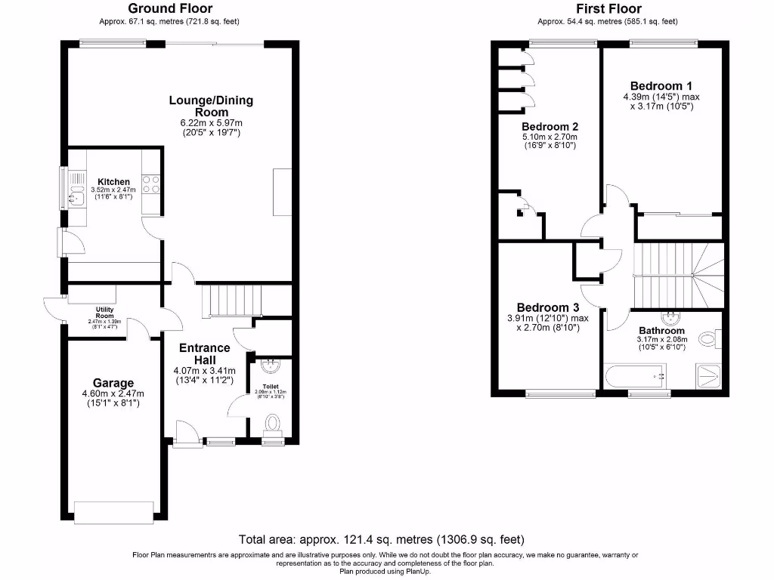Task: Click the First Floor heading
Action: pyautogui.click(x=599, y=8)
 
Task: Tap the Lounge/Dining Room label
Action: pyautogui.click(x=211, y=106)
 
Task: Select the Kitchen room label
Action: pyautogui.click(x=113, y=182)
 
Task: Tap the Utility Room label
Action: pyautogui.click(x=104, y=310)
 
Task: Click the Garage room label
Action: pyautogui.click(x=113, y=383)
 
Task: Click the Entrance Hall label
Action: pyautogui.click(x=204, y=353)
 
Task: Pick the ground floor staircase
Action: pyautogui.click(x=231, y=300)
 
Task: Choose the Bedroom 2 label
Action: pyautogui.click(x=550, y=126)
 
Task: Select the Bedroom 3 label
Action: pyautogui.click(x=547, y=307)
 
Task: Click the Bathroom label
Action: pyautogui.click(x=661, y=331)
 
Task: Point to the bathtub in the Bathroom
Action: pyautogui.click(x=635, y=375)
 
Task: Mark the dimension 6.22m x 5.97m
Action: pyautogui.click(x=211, y=123)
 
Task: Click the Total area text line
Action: pyautogui.click(x=382, y=539)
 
